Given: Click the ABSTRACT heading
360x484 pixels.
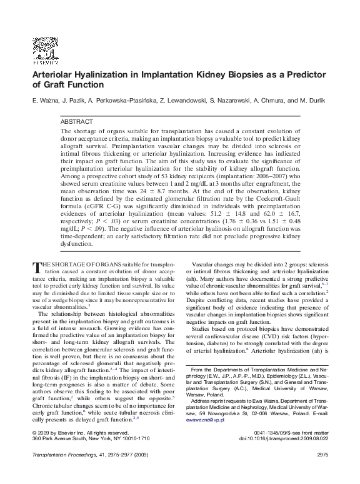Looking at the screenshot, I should (77, 121).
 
